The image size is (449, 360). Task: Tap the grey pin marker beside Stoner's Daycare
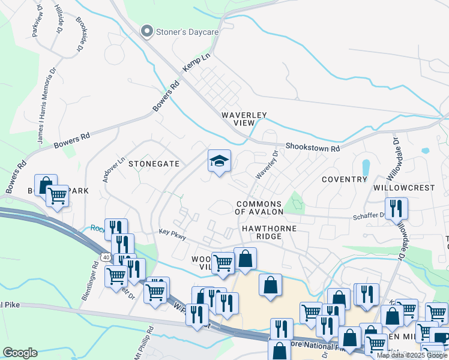146,31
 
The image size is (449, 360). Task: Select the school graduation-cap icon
219,161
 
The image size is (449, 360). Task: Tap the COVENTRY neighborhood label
344,179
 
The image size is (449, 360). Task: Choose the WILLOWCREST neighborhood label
403,188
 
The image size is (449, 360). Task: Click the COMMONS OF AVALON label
259,208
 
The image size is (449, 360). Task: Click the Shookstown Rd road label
313,147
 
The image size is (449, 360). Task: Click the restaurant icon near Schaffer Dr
396,209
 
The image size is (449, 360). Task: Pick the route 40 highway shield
106,257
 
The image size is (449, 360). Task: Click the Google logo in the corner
20,353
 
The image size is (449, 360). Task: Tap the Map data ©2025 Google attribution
412,355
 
